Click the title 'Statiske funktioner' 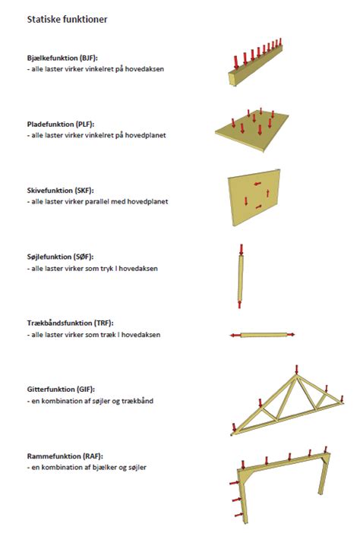pos(68,19)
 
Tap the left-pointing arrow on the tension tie pos(235,334)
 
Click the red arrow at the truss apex pos(296,370)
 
